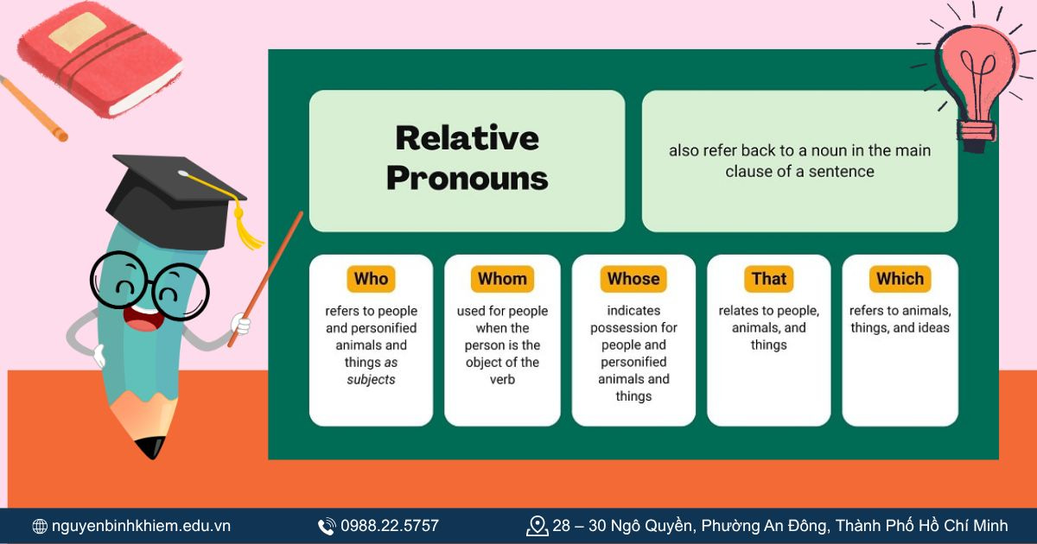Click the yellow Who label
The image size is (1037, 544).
[371, 279]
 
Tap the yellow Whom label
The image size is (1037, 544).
[502, 279]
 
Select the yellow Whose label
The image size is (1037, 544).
[633, 279]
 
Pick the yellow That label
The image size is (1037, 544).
[769, 279]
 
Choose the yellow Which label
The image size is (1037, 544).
[900, 279]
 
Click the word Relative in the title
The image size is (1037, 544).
[467, 138]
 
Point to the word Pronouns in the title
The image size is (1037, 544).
[467, 178]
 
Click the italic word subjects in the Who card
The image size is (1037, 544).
[371, 380]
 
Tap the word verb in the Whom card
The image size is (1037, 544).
[502, 380]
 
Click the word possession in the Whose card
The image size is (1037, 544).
[633, 328]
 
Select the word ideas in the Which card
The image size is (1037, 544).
[932, 328]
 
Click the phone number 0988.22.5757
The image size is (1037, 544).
[389, 526]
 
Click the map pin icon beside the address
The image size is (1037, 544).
[538, 526]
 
